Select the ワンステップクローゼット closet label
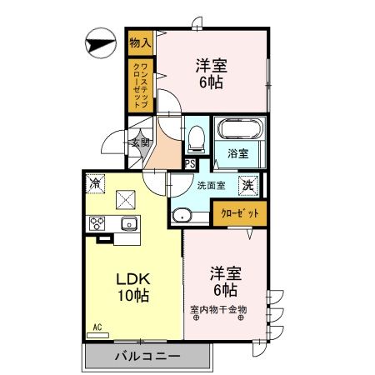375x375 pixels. (140, 84)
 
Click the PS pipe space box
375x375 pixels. (190, 163)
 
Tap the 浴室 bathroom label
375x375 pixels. (237, 152)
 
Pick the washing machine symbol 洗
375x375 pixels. (248, 185)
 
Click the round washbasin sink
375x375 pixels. (182, 216)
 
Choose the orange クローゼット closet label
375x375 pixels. (239, 213)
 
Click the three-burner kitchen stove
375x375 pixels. (97, 223)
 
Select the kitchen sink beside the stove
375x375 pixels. (128, 223)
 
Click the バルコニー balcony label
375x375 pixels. (147, 357)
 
